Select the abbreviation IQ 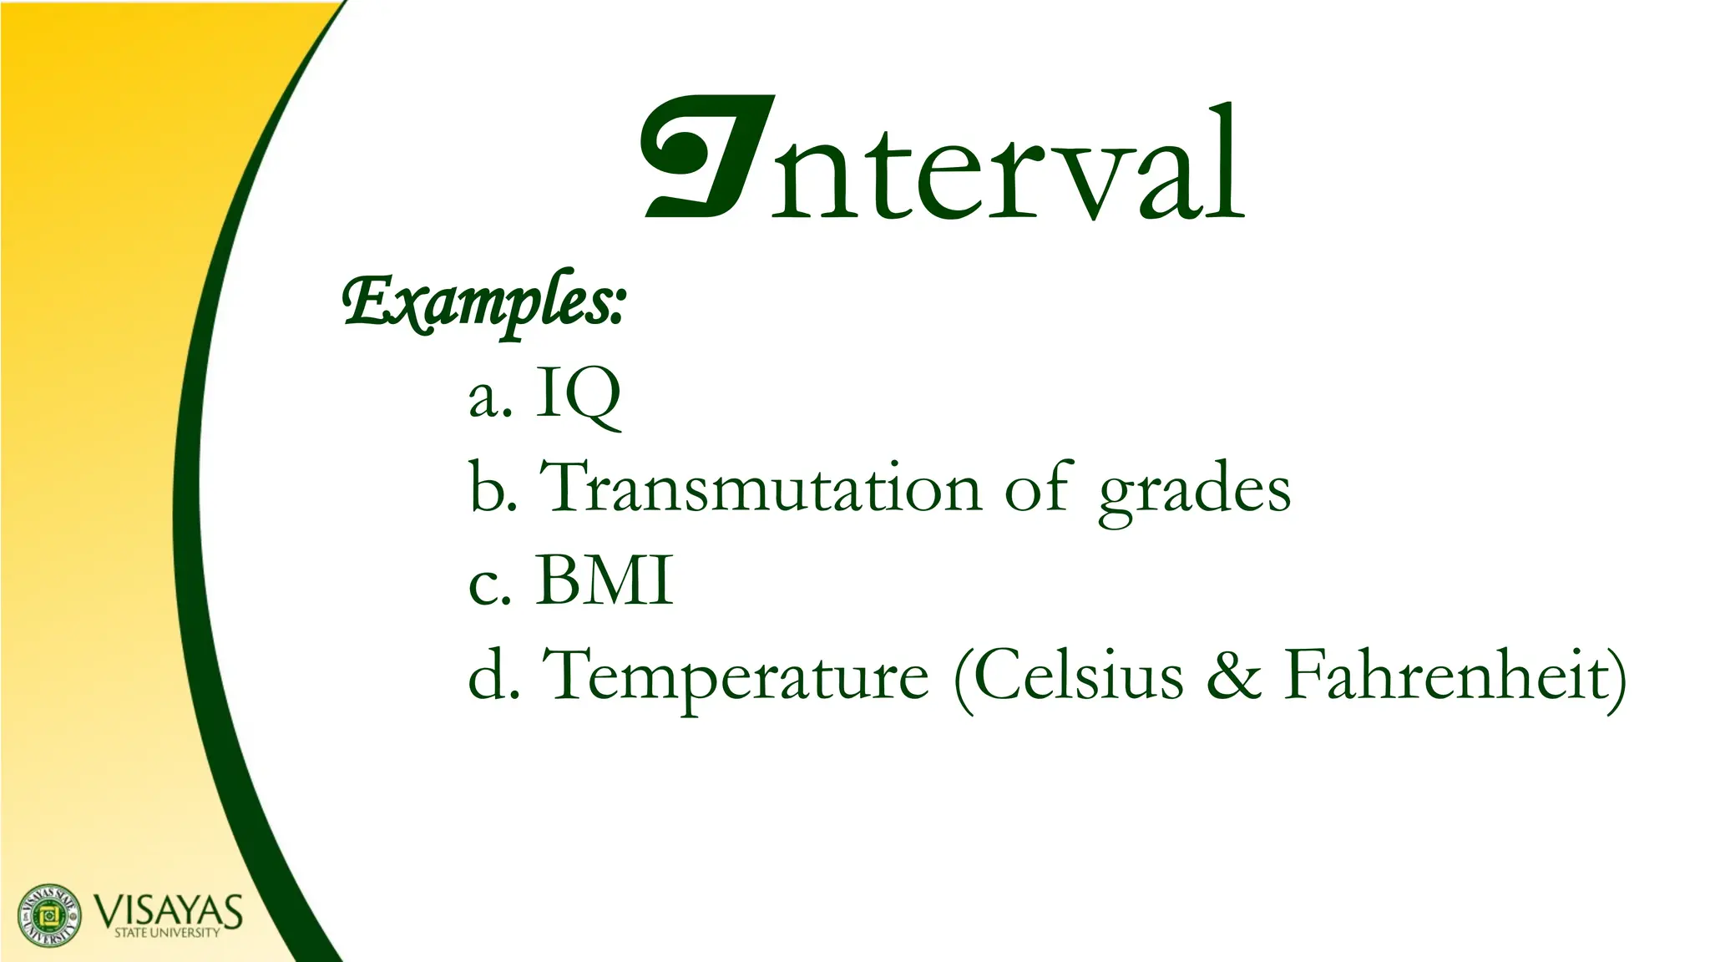[578, 396]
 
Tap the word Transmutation [761, 488]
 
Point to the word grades [1194, 491]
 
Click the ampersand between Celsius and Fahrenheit [1233, 676]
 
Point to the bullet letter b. [488, 488]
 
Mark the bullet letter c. [483, 586]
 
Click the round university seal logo [50, 914]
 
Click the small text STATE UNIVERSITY [167, 933]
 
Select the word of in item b [1037, 488]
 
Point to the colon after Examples [616, 309]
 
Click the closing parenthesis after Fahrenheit [1616, 678]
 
